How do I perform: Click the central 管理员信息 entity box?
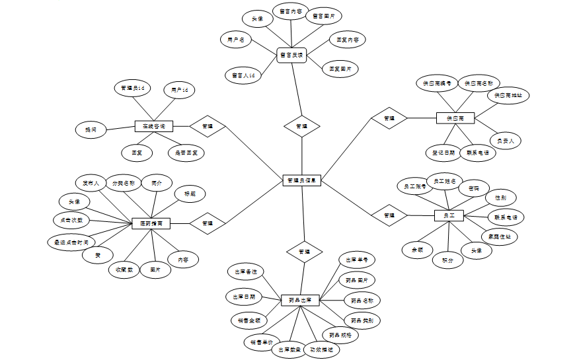(x=302, y=180)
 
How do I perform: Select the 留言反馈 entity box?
(x=291, y=55)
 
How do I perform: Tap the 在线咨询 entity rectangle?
(x=153, y=126)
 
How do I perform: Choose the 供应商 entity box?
(x=455, y=118)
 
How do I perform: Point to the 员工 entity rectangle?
(x=449, y=215)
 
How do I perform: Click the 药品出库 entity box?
(x=301, y=300)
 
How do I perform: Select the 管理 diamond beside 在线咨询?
(x=208, y=126)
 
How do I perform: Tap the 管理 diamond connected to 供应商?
(x=389, y=118)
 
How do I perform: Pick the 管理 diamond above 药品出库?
(x=304, y=251)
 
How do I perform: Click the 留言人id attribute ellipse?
(x=243, y=75)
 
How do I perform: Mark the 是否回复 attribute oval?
(x=186, y=153)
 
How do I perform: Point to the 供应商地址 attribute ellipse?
(x=509, y=95)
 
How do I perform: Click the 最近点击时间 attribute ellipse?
(x=71, y=242)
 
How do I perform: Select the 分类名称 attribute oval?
(x=123, y=182)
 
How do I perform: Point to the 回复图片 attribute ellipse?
(x=340, y=68)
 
